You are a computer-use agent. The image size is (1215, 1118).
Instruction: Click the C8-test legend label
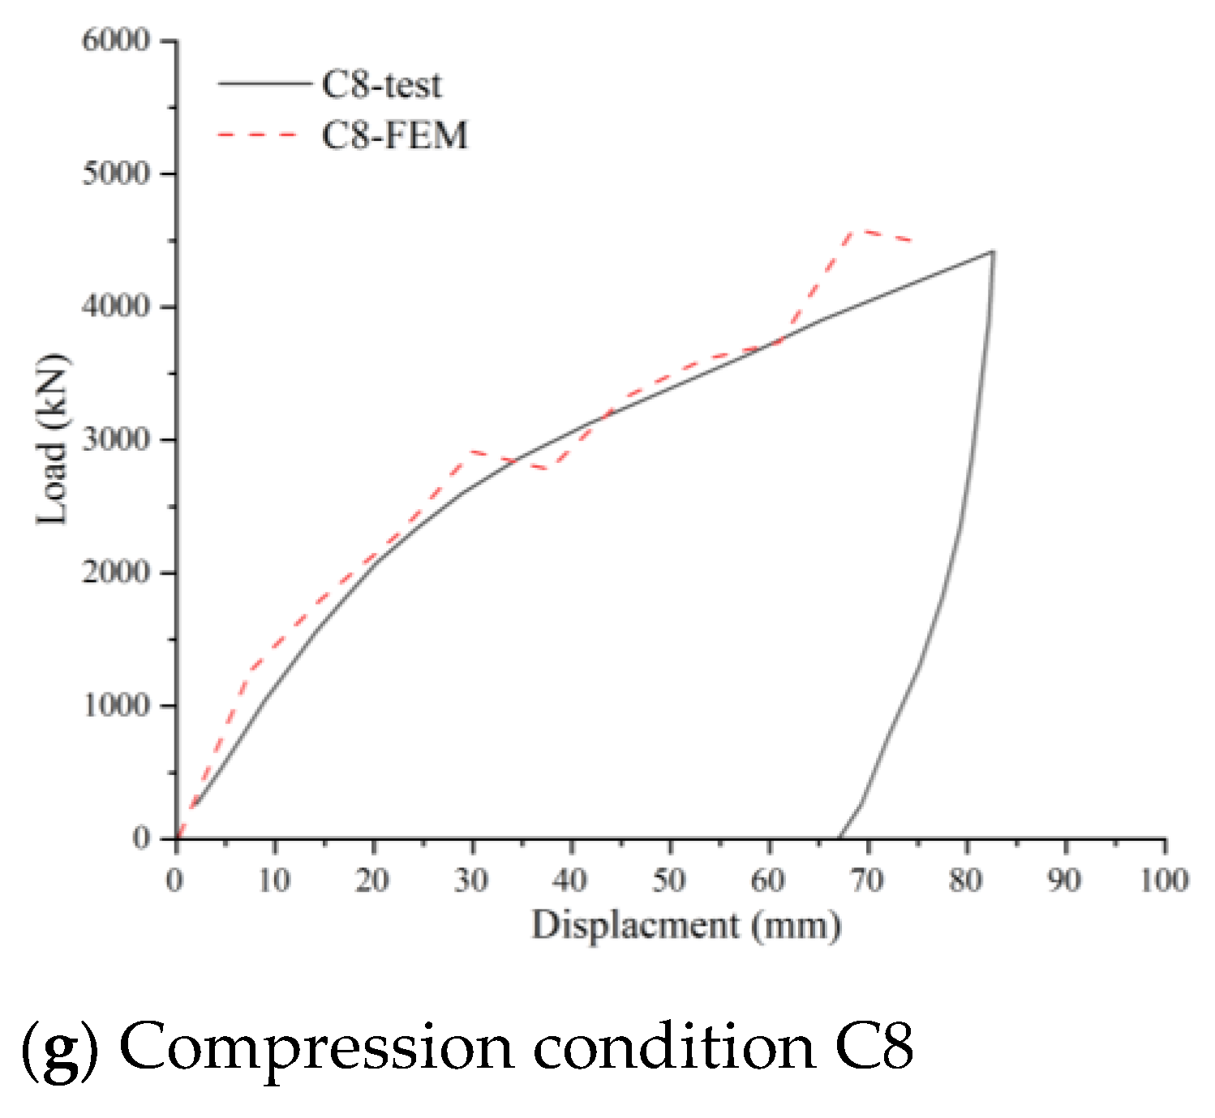pyautogui.click(x=381, y=85)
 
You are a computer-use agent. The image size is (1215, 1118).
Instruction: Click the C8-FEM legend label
pyautogui.click(x=394, y=135)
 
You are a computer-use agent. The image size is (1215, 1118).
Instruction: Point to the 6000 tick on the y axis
pyautogui.click(x=116, y=41)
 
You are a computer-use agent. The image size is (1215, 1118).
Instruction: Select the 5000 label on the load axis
pyautogui.click(x=116, y=173)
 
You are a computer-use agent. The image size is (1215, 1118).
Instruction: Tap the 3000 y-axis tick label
pyautogui.click(x=116, y=439)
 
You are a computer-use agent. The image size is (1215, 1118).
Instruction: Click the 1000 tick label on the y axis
pyautogui.click(x=116, y=705)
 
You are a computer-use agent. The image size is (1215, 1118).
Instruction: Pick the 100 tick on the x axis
pyautogui.click(x=1164, y=880)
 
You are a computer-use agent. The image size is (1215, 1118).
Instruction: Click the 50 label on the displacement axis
pyautogui.click(x=669, y=880)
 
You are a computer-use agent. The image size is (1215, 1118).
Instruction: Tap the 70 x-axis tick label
pyautogui.click(x=867, y=880)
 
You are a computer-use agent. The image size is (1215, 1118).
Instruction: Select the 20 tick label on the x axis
pyautogui.click(x=372, y=880)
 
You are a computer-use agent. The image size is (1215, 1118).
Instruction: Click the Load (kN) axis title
pyautogui.click(x=53, y=439)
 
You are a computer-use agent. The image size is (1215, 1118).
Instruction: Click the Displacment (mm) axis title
pyautogui.click(x=686, y=925)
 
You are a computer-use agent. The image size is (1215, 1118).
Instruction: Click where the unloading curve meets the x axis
pyautogui.click(x=839, y=837)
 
